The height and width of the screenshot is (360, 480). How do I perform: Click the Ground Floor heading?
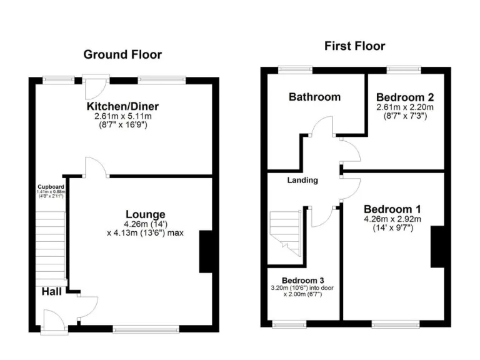pos(122,54)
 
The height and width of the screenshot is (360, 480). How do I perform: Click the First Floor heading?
pos(354,46)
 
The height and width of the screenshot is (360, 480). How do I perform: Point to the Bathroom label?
pos(314,97)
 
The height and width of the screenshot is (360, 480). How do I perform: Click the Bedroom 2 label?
pos(405,97)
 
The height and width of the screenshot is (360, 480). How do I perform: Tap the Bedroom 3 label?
pos(302,280)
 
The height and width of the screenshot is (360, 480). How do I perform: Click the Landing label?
pos(302,180)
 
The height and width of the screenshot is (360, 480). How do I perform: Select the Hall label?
pos(52,292)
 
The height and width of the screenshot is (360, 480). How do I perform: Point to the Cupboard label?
pos(50,187)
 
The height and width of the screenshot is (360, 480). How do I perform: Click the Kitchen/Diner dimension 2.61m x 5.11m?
pos(124,117)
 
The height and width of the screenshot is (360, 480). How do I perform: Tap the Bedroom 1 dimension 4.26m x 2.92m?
pos(392,219)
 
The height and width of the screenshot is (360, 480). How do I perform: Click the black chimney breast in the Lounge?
pos(208,251)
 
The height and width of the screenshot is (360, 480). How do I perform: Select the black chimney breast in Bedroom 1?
pos(439,247)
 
